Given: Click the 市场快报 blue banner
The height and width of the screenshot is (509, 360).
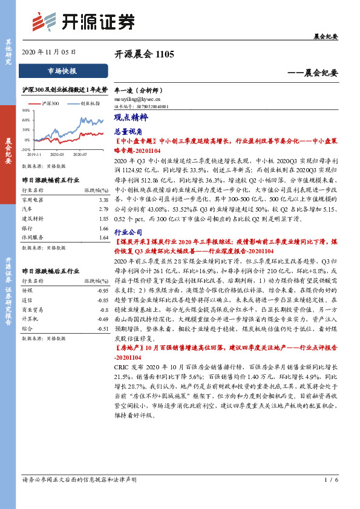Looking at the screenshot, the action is pos(62,71).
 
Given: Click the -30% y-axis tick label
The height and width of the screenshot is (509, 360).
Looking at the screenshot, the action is pos(25,149).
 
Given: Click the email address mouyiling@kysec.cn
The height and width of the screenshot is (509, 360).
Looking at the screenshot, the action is pos(137,99).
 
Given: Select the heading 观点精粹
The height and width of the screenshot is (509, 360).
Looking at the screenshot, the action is pos(127,118).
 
